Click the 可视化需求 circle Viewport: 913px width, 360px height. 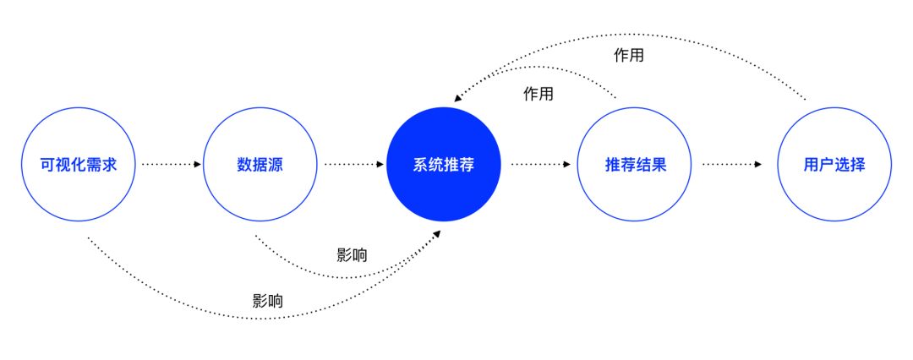click(x=78, y=165)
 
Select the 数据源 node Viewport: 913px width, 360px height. click(x=260, y=165)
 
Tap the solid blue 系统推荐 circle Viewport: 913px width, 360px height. click(x=443, y=165)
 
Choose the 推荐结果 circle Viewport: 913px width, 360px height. click(x=636, y=165)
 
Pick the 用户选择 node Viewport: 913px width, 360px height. click(x=834, y=165)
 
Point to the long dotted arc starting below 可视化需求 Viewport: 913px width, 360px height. click(x=254, y=318)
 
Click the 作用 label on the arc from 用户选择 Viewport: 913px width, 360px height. click(x=628, y=56)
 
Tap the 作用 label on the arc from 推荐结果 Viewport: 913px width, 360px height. click(x=539, y=94)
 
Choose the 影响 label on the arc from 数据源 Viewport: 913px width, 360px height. click(x=352, y=255)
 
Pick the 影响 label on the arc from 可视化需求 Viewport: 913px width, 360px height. click(x=267, y=300)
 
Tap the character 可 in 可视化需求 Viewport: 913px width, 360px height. click(x=48, y=165)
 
